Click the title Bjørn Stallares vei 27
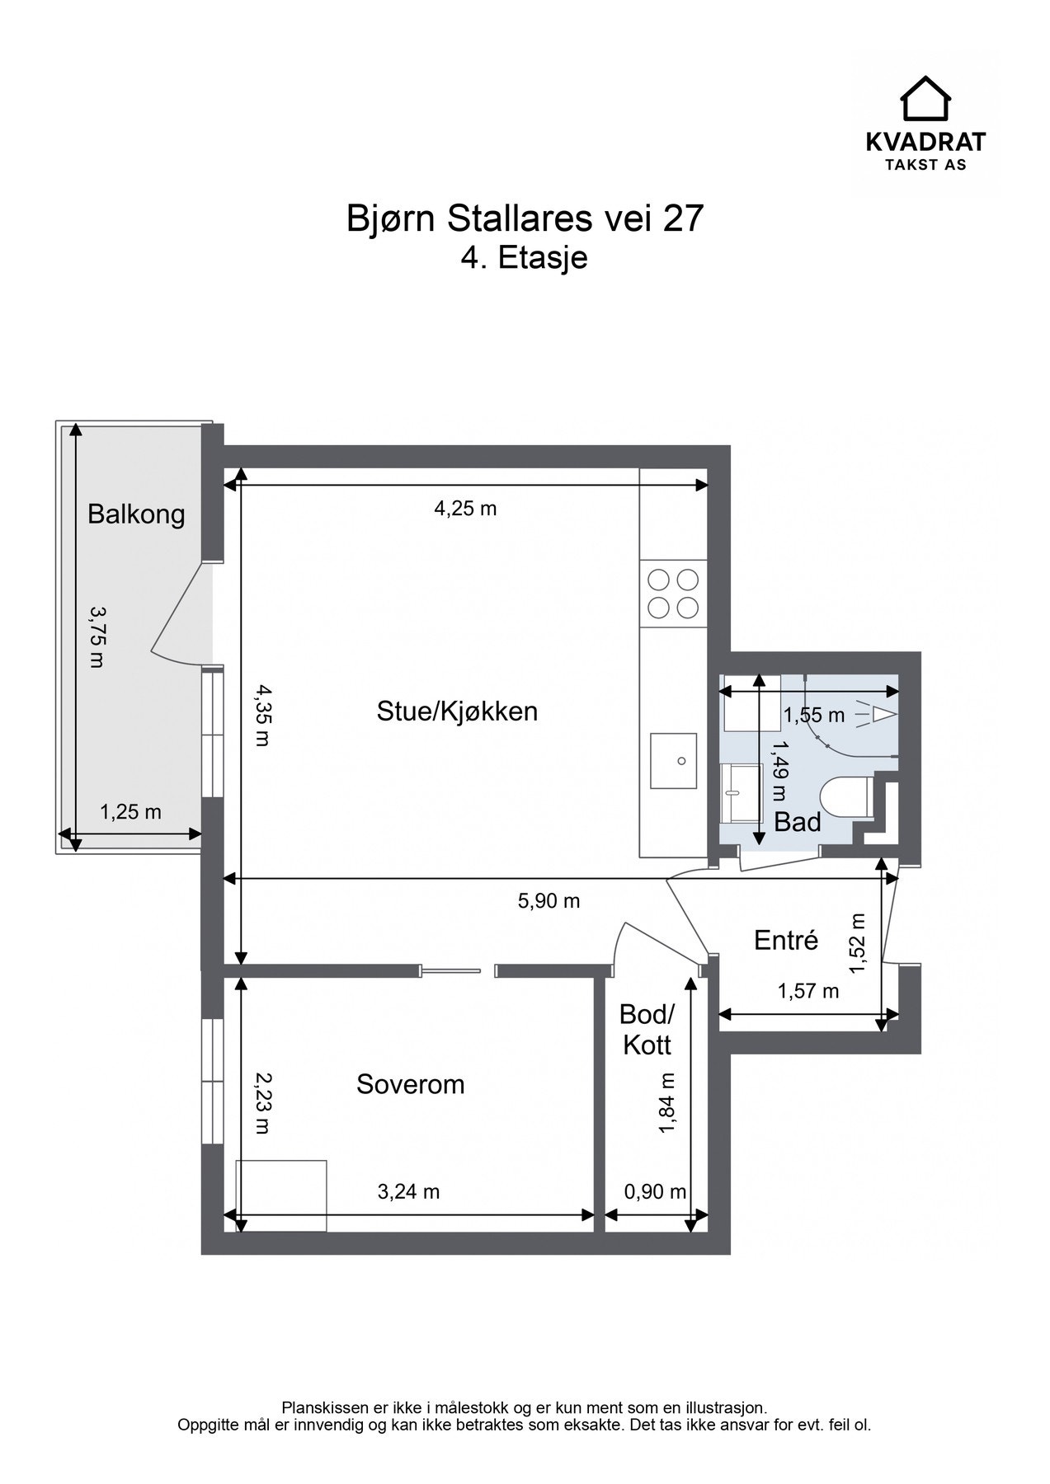pos(525,219)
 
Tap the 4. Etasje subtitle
pos(525,257)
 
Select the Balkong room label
pos(136,514)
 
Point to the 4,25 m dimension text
pos(465,509)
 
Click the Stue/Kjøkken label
pos(457,711)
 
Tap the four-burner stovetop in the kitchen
pos(673,594)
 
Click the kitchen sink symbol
pos(673,760)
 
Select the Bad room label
pos(797,822)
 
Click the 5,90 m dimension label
pos(549,901)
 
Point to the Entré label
pos(786,940)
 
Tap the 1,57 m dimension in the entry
pos(808,991)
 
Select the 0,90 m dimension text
pos(655,1191)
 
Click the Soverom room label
pos(410,1084)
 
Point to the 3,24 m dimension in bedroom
pos(408,1191)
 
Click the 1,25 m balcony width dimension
pos(130,812)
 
